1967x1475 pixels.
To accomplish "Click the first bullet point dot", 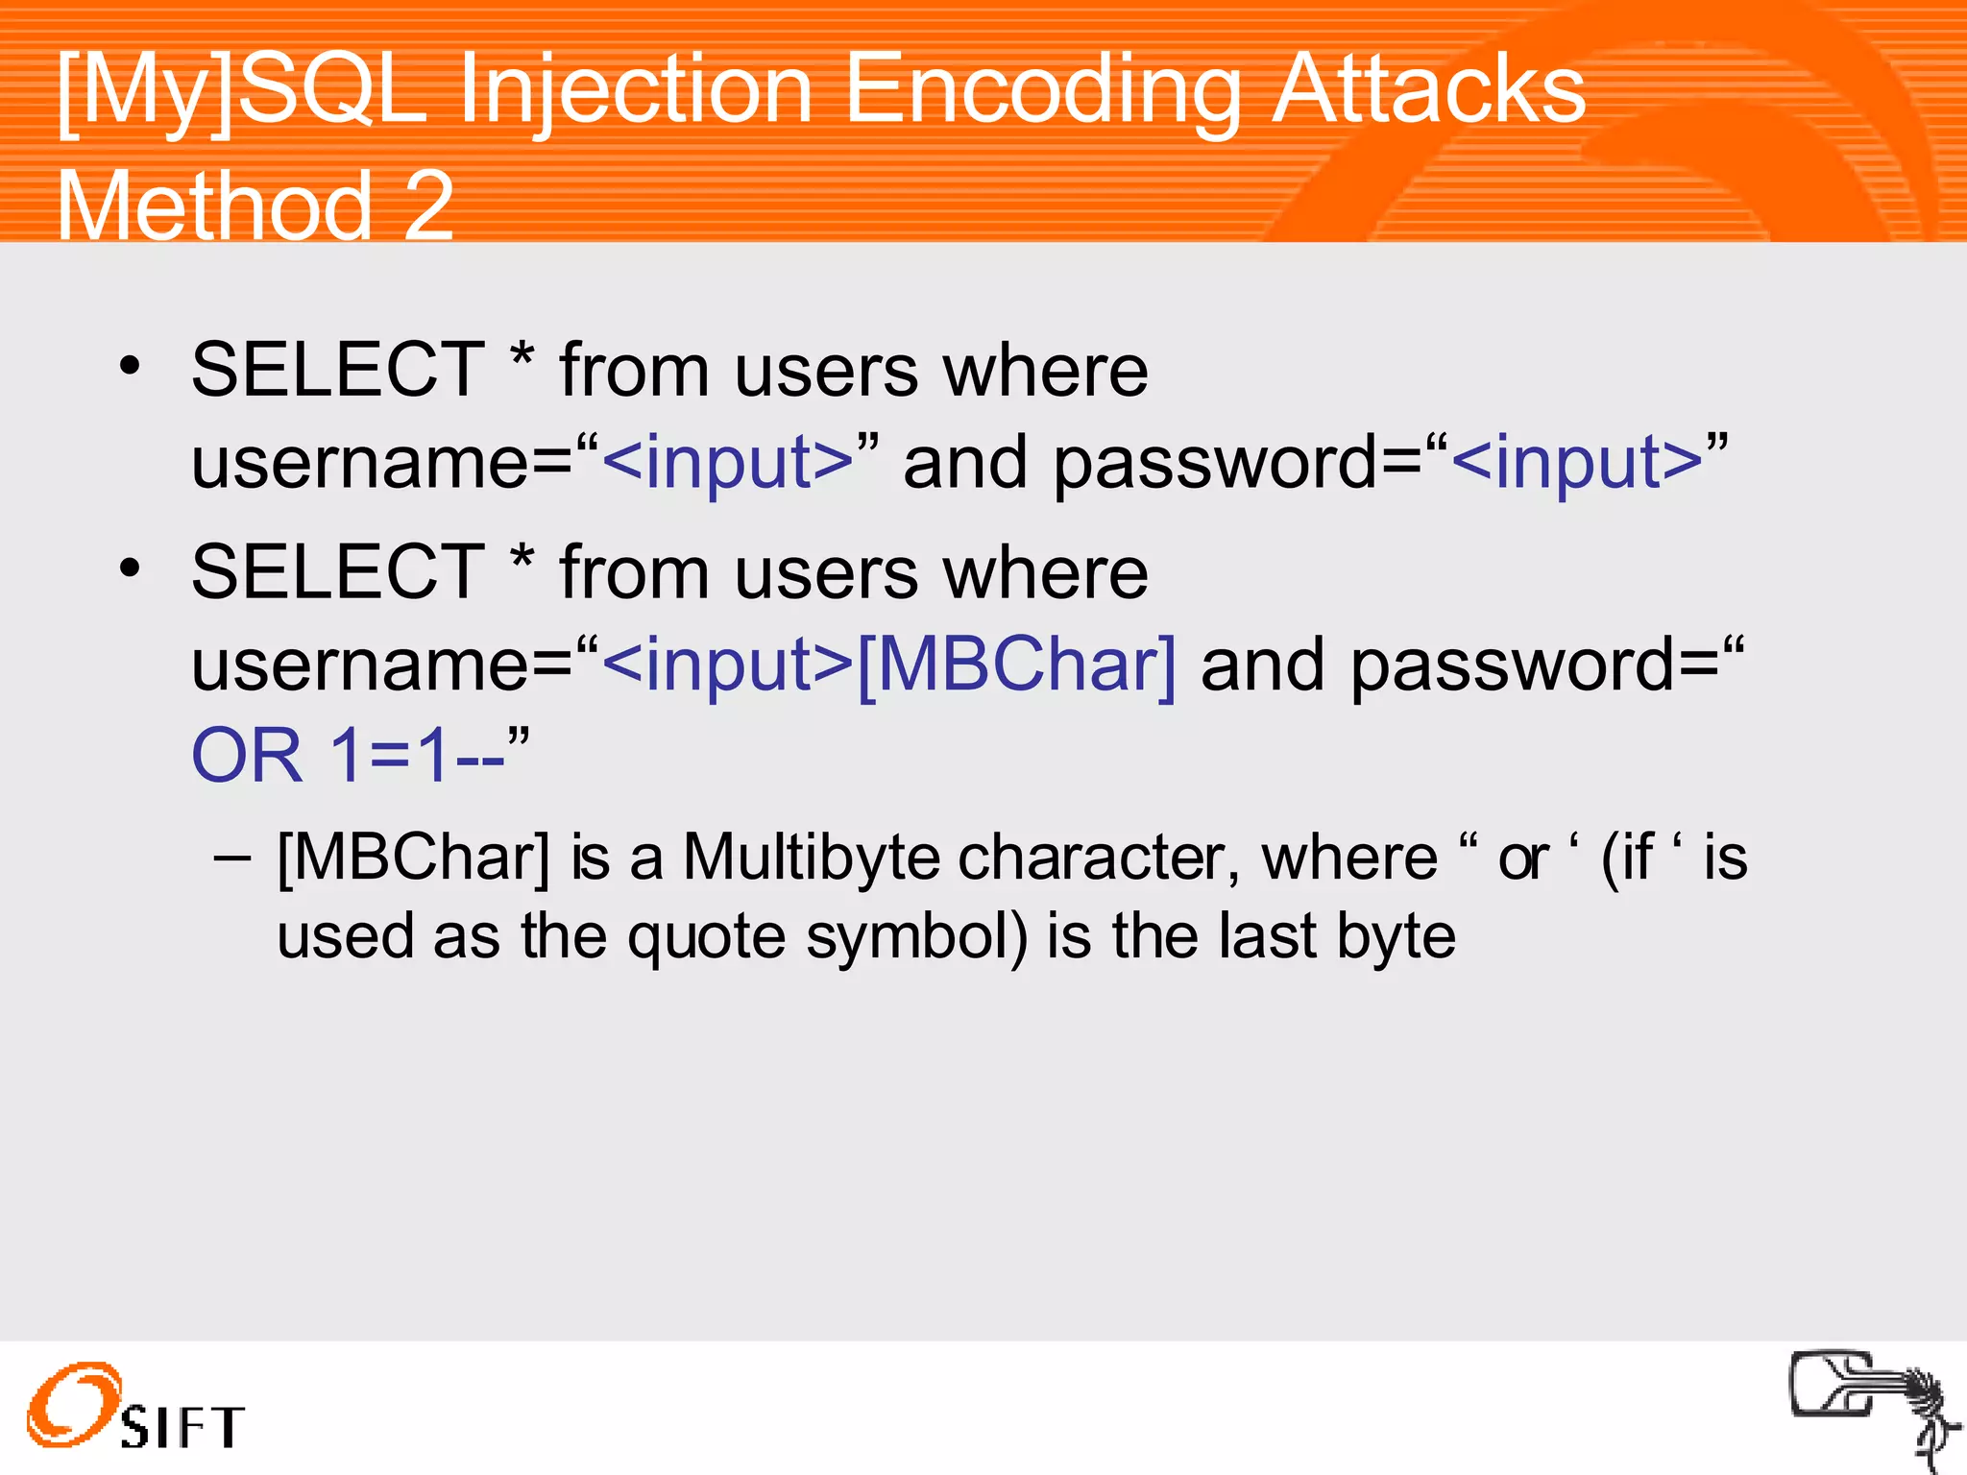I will [x=130, y=366].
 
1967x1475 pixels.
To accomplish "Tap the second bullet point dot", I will [x=130, y=568].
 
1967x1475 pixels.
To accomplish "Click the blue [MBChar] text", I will [x=1016, y=665].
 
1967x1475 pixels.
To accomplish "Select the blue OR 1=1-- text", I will [x=348, y=756].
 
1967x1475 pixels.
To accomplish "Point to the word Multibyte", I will [x=812, y=857].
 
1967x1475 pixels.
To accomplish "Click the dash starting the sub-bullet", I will [x=232, y=856].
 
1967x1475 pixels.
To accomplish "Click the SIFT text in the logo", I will [x=182, y=1427].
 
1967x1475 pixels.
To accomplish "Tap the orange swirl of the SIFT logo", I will [x=73, y=1404].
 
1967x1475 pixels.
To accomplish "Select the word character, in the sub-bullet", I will [x=1099, y=857].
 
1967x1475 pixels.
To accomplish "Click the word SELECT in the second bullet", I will [x=338, y=572].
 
